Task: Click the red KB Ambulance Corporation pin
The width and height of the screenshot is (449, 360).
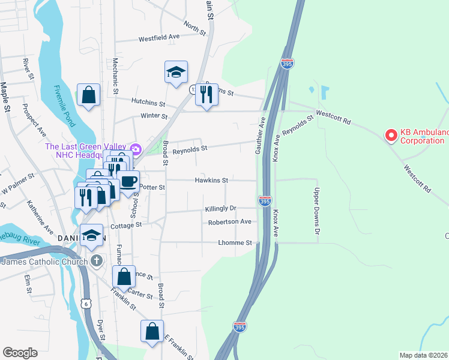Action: (391, 136)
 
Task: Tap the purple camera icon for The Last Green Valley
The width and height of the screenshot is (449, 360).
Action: (136, 148)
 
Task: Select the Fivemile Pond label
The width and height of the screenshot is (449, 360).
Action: (64, 106)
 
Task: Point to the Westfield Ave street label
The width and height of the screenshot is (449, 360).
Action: (159, 37)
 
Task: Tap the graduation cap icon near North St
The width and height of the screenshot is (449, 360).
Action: (176, 73)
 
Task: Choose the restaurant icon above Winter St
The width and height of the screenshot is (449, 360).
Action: (206, 95)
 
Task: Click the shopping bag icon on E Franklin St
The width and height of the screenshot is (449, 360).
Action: (152, 331)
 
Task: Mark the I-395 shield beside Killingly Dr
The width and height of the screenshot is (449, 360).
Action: (265, 201)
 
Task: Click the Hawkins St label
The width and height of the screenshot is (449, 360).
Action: (211, 180)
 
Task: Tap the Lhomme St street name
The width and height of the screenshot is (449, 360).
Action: (235, 243)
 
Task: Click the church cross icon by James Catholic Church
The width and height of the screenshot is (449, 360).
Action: (96, 260)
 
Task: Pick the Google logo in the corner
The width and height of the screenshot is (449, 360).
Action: (20, 352)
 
